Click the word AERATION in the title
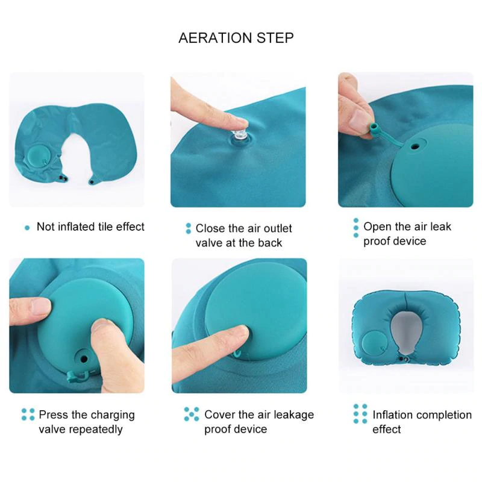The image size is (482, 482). pos(215,38)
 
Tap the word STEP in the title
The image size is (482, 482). pos(275,38)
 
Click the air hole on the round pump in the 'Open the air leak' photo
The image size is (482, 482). pos(416,146)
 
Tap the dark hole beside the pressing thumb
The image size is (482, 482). pos(84,358)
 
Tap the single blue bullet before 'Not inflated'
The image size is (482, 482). pos(27,228)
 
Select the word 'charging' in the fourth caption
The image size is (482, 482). pos(113,415)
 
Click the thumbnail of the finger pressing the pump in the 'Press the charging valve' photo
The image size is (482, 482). pos(104,326)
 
